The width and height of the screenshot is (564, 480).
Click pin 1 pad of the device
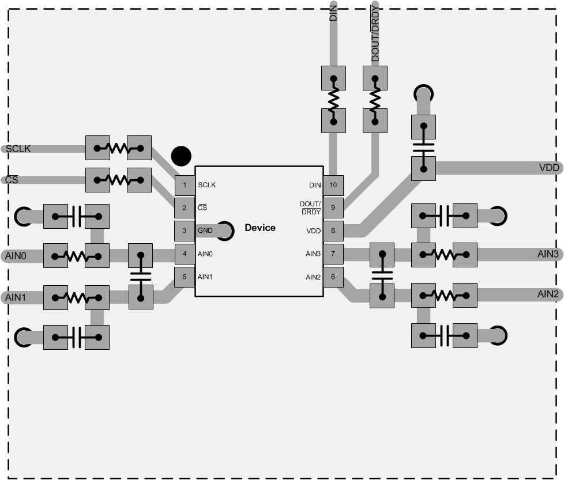(x=185, y=186)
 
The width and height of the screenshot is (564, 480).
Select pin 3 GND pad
(x=185, y=231)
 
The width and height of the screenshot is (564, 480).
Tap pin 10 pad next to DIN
(x=333, y=186)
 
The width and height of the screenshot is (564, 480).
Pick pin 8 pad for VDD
(x=333, y=231)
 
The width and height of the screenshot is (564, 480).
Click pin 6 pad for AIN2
(x=333, y=277)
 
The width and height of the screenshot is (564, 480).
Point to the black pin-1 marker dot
(x=181, y=155)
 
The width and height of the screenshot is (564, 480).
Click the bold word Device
(x=260, y=228)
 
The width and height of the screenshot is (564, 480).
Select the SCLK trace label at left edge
(x=18, y=149)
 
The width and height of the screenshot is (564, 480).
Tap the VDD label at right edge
(x=548, y=168)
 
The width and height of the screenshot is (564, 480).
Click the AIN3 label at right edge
(x=548, y=253)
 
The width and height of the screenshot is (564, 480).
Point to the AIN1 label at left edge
(x=16, y=297)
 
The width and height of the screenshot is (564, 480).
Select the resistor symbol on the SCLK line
(x=118, y=148)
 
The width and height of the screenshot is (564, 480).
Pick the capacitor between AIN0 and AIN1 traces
(x=140, y=275)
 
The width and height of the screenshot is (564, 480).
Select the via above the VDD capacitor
(x=423, y=93)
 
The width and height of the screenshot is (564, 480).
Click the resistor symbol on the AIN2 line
(x=444, y=296)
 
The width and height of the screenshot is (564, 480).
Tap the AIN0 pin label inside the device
(x=205, y=254)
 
